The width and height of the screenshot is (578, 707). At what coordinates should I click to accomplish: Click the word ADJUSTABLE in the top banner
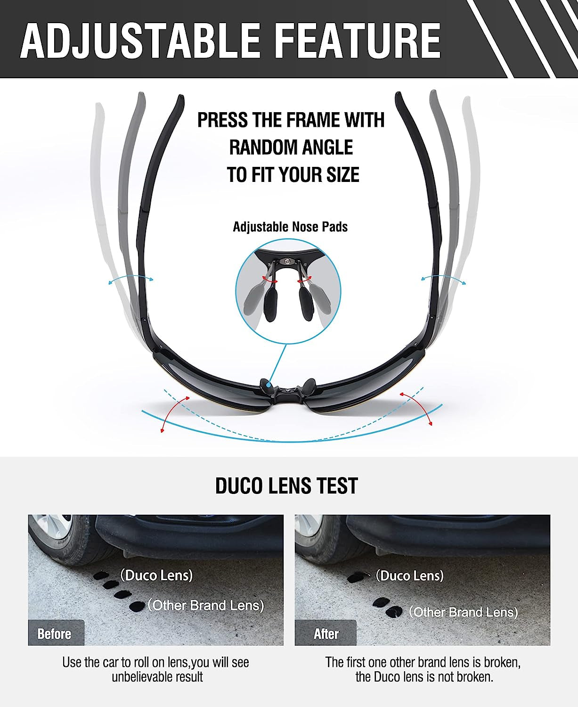click(x=140, y=41)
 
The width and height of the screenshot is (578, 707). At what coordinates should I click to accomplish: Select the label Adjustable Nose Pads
click(x=290, y=227)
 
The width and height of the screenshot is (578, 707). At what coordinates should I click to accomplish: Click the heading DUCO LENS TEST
click(x=286, y=485)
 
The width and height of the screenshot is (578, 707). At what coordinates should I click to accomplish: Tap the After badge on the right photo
click(x=326, y=634)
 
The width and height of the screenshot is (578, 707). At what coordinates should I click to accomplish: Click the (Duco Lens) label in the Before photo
click(x=156, y=575)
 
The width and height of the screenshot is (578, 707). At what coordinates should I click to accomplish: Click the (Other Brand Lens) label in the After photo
click(x=464, y=612)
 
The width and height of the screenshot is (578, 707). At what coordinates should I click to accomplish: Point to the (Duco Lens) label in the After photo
click(x=409, y=575)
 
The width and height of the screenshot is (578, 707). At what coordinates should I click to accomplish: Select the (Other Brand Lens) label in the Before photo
click(x=206, y=605)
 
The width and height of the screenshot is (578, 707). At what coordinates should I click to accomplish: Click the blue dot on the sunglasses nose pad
click(x=269, y=386)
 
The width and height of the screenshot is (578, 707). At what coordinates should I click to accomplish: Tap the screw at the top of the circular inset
click(x=288, y=260)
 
